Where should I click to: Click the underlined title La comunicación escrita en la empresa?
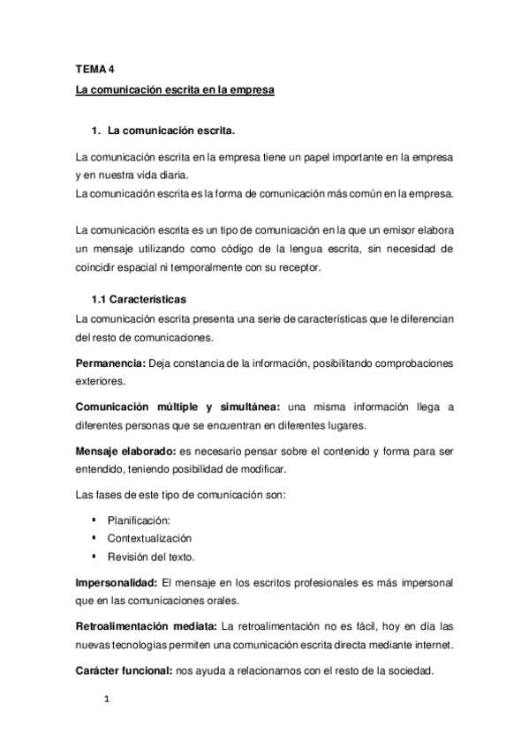(176, 90)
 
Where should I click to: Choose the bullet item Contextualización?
(149, 537)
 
